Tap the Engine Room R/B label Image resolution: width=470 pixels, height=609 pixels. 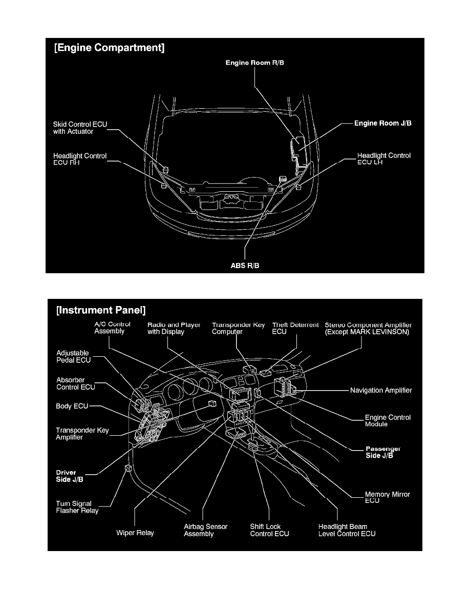(x=254, y=63)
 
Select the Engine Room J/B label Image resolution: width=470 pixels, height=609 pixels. (x=383, y=124)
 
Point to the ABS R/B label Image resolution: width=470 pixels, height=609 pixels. (x=245, y=266)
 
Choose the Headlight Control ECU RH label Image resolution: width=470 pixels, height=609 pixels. (x=80, y=159)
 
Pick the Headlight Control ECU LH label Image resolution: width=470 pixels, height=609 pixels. (x=383, y=159)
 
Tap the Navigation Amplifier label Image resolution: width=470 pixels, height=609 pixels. (x=381, y=391)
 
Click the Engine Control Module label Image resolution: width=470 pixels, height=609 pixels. (x=388, y=421)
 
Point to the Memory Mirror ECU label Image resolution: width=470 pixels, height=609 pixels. (x=387, y=497)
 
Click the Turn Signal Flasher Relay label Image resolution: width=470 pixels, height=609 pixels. (x=77, y=507)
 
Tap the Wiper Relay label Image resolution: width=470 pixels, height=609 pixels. (x=135, y=533)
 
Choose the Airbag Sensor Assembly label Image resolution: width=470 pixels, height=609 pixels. (x=205, y=530)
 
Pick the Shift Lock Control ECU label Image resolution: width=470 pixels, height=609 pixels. (x=269, y=530)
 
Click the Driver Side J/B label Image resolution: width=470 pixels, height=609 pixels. (x=69, y=476)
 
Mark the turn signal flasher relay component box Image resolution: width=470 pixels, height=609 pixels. (x=128, y=468)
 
